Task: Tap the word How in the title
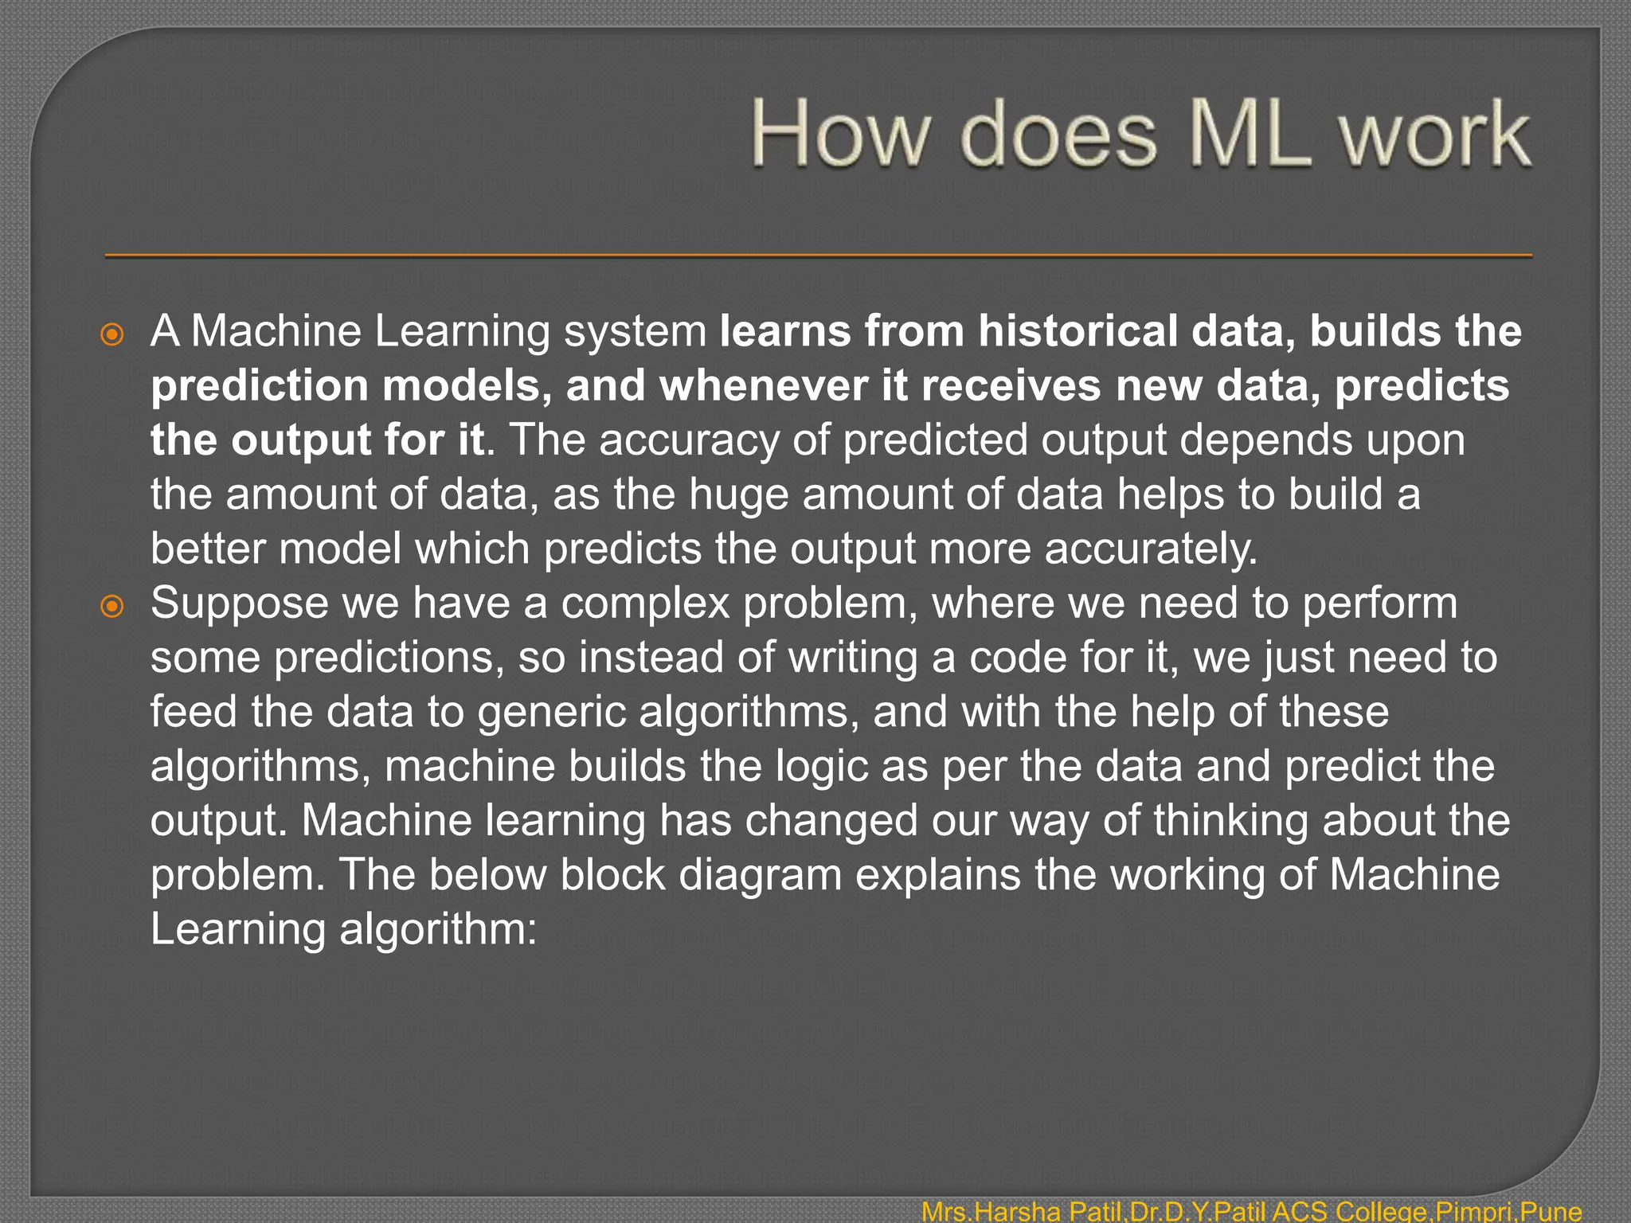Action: [x=841, y=134]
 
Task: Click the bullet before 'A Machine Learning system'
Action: [x=112, y=334]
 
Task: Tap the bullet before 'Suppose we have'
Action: [x=112, y=607]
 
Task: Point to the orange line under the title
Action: [x=819, y=256]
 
